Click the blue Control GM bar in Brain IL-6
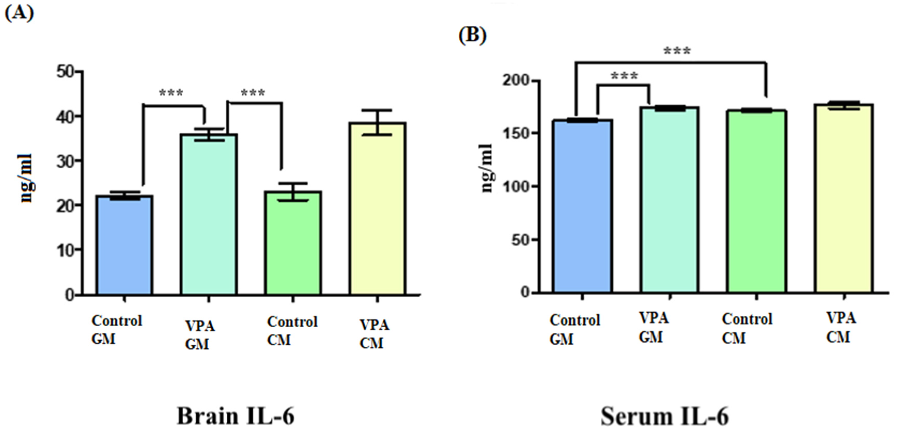pyautogui.click(x=124, y=245)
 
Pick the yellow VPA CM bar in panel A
pyautogui.click(x=377, y=209)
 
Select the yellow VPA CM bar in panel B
pyautogui.click(x=843, y=198)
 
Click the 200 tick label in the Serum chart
pyautogui.click(x=515, y=81)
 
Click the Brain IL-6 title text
pyautogui.click(x=236, y=416)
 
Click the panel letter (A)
pyautogui.click(x=19, y=13)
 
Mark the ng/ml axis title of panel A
pyautogui.click(x=26, y=178)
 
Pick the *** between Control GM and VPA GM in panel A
pyautogui.click(x=171, y=93)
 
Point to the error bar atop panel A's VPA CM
pyautogui.click(x=377, y=122)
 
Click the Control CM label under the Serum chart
pyautogui.click(x=747, y=328)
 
